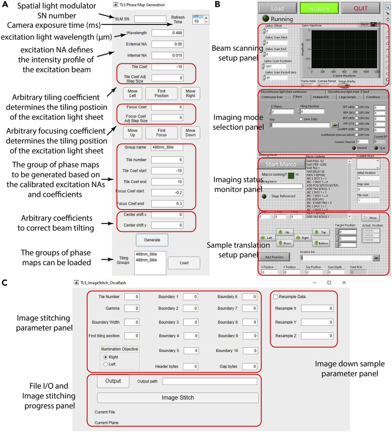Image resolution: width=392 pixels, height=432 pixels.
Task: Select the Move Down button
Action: (190, 132)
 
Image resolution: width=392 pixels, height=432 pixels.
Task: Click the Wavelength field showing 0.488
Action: (175, 33)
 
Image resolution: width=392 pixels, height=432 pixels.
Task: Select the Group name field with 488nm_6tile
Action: (175, 147)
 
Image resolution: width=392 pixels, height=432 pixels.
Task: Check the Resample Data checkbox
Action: (275, 297)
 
